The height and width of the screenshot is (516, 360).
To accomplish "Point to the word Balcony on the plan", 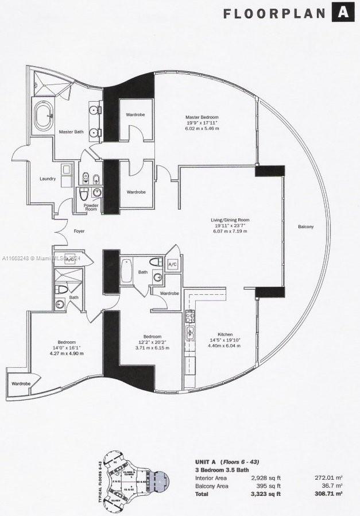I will click(x=305, y=227).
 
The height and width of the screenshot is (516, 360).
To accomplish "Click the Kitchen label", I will click(x=224, y=334).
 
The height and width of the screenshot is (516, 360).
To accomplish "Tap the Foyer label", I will click(x=79, y=232).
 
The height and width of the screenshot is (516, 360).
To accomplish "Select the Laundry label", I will click(x=48, y=179).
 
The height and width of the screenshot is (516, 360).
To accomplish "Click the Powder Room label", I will click(x=91, y=207).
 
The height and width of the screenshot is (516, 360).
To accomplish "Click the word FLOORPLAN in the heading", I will click(x=273, y=13).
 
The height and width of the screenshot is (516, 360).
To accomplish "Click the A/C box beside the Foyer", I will click(x=71, y=259).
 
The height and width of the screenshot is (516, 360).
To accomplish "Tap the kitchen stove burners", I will click(x=189, y=316).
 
